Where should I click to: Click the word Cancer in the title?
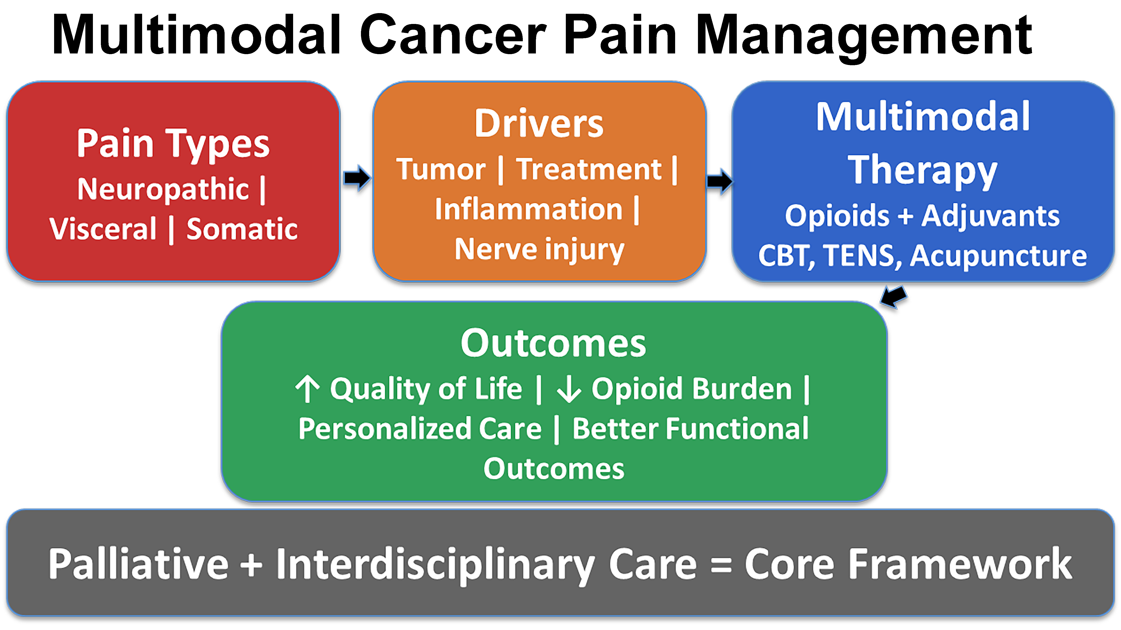pyautogui.click(x=453, y=35)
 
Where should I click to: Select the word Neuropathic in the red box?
pyautogui.click(x=163, y=189)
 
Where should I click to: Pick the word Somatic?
pyautogui.click(x=242, y=229)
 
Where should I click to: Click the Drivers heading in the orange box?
pyautogui.click(x=539, y=124)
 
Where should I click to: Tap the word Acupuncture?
pyautogui.click(x=998, y=256)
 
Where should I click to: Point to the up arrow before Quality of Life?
pyautogui.click(x=308, y=389)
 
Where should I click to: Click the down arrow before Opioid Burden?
pyautogui.click(x=569, y=389)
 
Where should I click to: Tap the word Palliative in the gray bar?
pyautogui.click(x=138, y=564)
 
